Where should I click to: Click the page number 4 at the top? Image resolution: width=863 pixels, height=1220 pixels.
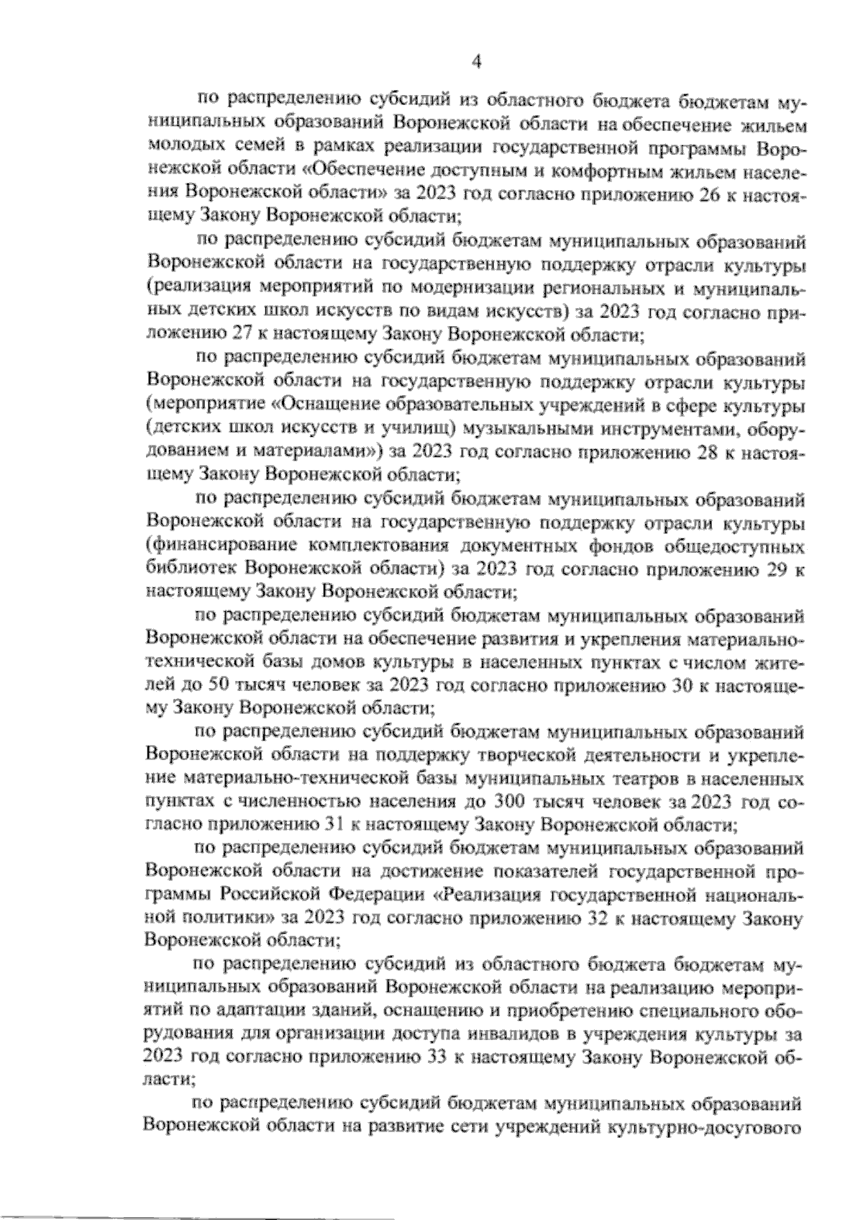pos(475,63)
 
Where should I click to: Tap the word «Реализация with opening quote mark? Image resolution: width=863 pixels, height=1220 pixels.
pos(488,896)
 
